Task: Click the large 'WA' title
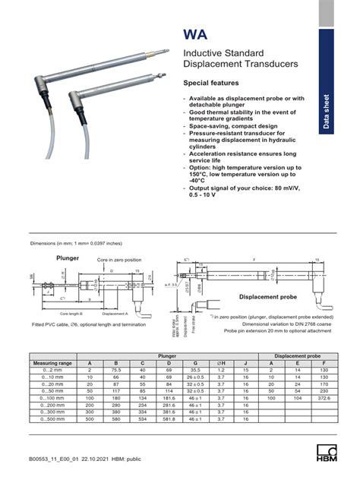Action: (199, 35)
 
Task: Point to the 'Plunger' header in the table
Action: (167, 355)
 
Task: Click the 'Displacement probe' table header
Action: (296, 355)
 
